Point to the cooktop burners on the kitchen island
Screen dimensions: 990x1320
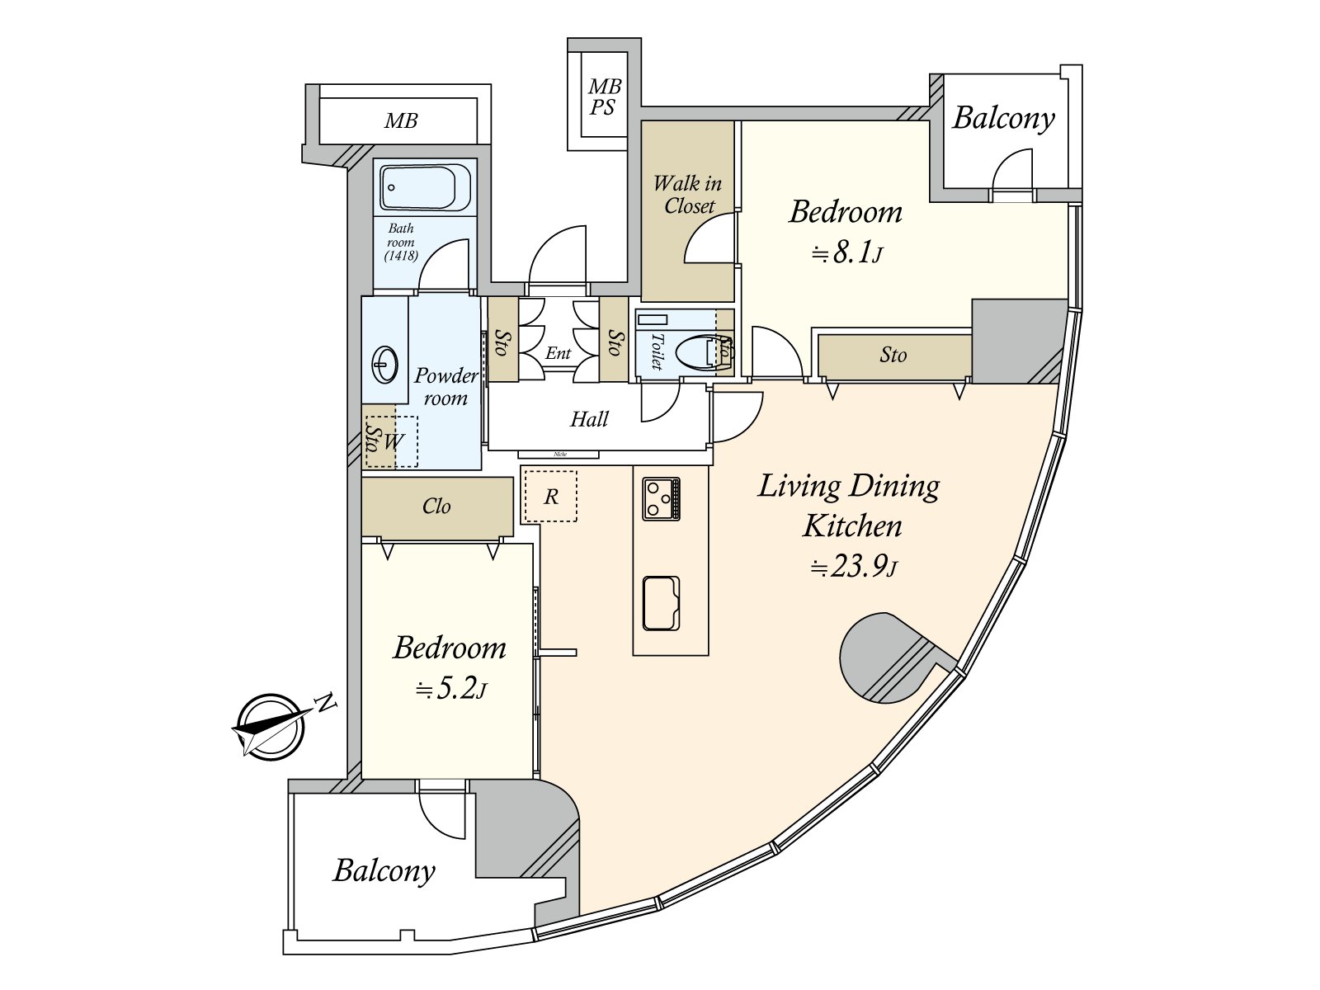click(x=662, y=498)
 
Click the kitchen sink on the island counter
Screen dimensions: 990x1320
click(x=661, y=603)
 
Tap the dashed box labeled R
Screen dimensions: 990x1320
click(x=550, y=496)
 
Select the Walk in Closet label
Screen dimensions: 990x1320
click(x=687, y=195)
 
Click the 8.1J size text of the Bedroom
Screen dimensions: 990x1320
click(x=847, y=252)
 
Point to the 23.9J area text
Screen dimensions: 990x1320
click(x=853, y=567)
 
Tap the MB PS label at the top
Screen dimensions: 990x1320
click(x=604, y=97)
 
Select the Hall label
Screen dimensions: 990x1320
click(x=589, y=419)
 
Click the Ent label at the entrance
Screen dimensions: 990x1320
click(x=558, y=353)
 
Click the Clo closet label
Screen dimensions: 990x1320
click(x=436, y=507)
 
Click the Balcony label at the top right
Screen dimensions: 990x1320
click(x=1003, y=118)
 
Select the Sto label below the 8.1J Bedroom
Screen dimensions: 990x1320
click(x=893, y=356)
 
